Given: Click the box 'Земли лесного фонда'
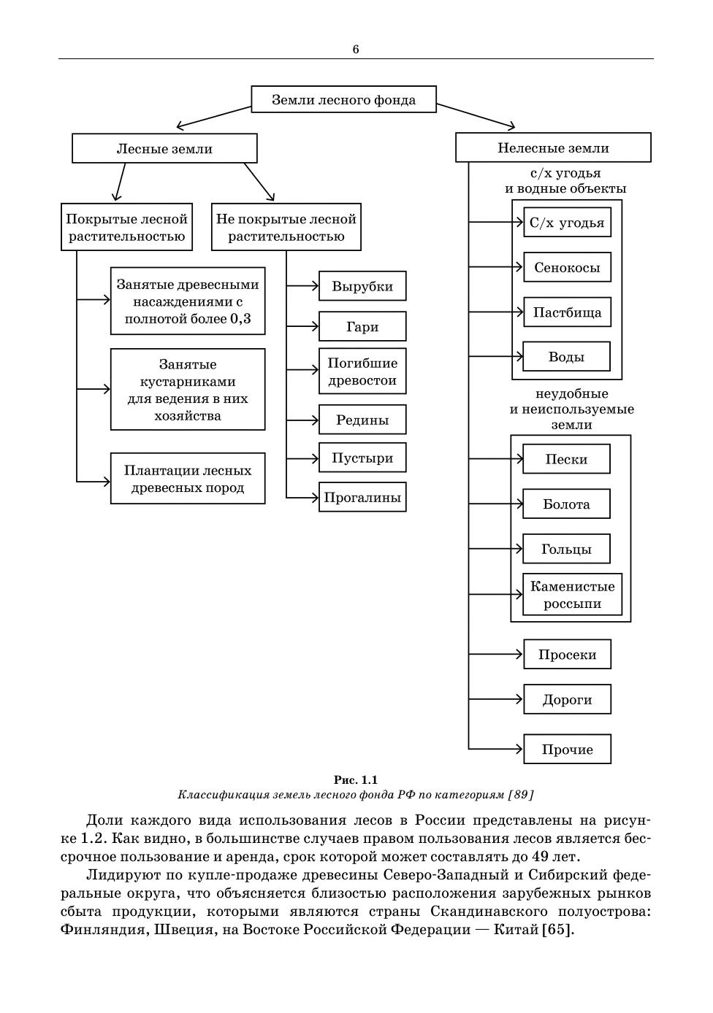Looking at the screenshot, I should [343, 99].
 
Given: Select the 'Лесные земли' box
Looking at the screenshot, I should [164, 148].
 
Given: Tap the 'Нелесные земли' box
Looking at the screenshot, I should [553, 147].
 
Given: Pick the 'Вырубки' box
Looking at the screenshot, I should [362, 286].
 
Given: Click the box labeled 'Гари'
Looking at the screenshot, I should [362, 326].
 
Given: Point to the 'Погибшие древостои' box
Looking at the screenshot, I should [362, 371].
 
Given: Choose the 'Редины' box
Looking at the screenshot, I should [362, 420].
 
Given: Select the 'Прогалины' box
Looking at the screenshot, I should [362, 498].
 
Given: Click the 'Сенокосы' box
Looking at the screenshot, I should [567, 267].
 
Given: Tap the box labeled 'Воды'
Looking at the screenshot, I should [566, 357].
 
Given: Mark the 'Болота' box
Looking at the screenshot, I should [566, 504].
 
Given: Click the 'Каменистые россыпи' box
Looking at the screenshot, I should [572, 595].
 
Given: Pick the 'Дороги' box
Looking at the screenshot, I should [567, 700].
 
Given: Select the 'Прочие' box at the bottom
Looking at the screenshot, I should [567, 750].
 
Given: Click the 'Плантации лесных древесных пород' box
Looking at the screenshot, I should [188, 479].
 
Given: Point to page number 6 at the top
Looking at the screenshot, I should [356, 50].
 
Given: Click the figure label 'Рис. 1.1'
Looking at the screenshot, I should [356, 779].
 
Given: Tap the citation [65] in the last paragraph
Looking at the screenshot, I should [558, 930].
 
